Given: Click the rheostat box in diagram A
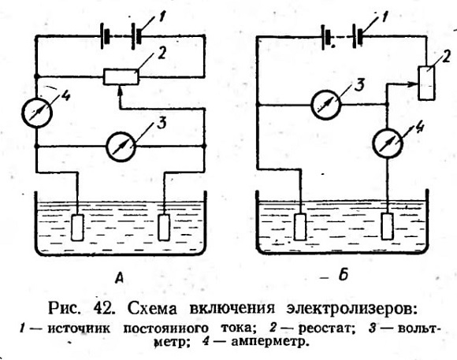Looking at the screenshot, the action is (121, 76).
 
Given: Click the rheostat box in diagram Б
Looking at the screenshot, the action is (427, 83).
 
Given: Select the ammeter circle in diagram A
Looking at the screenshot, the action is (37, 113).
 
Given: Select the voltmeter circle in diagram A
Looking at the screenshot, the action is (121, 146).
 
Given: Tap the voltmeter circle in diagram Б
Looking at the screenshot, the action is (326, 104).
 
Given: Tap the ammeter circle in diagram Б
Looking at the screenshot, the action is (388, 143).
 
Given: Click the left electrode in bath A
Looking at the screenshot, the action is (77, 228).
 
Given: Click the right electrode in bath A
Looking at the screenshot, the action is (164, 228).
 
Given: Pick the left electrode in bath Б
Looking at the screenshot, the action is (299, 227).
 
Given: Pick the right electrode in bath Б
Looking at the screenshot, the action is (387, 226).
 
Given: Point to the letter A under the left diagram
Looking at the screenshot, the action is (119, 277).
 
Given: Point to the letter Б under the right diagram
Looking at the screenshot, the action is (344, 274).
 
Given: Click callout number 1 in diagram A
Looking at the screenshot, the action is (161, 17).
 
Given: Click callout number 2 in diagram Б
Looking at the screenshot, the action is (446, 58).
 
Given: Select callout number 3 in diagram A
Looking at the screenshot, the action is (162, 123).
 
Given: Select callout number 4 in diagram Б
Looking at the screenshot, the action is (419, 128).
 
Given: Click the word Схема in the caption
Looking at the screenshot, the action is (151, 308).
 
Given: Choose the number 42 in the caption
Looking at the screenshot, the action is (103, 308).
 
